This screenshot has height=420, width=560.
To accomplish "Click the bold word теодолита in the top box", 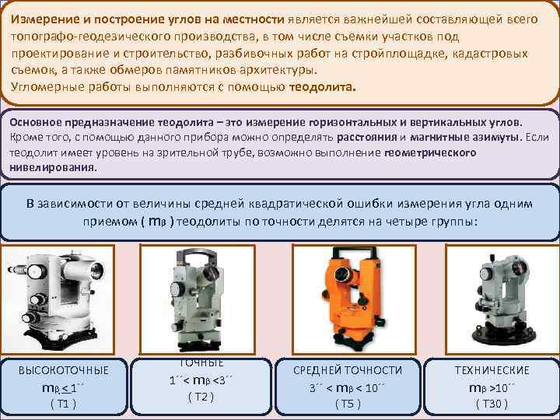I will pos(321,88).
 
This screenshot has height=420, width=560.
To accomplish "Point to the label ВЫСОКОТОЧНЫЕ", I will pos(63,370).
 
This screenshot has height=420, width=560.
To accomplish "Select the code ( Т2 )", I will pos(201,397).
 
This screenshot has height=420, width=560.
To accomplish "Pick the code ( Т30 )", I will pos(492,404).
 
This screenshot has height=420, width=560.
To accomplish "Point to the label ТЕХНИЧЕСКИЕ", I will pos(492,370).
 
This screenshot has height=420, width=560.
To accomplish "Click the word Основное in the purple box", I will pos(36,123).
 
